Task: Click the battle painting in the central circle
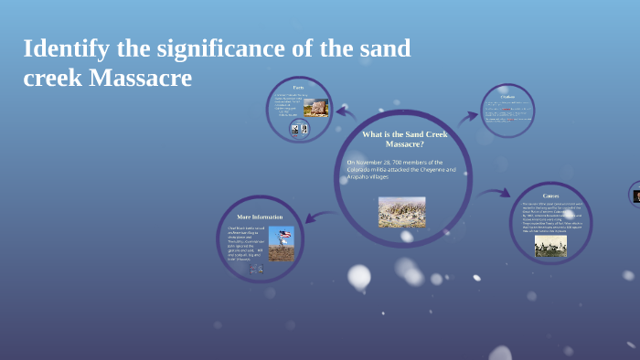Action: [401, 211]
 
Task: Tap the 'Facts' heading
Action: [299, 87]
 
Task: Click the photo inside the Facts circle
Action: [315, 107]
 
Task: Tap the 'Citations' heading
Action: [508, 96]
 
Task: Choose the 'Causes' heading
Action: [551, 196]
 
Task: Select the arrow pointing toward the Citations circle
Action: [467, 117]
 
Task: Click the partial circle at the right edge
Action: [635, 194]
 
